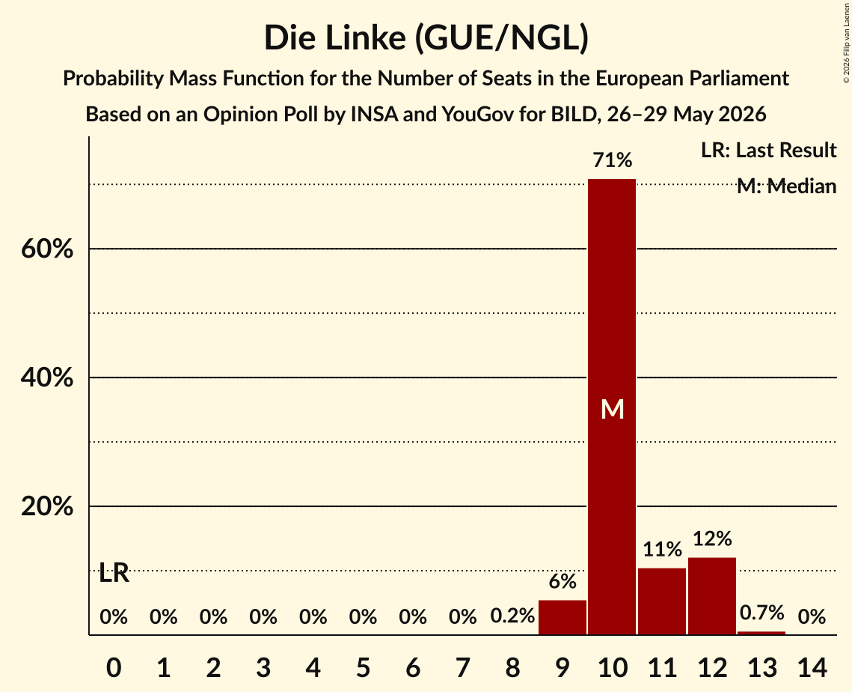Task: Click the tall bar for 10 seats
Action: (612, 407)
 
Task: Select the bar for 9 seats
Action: (563, 617)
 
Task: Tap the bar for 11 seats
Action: (662, 601)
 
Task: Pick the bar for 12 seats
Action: (712, 595)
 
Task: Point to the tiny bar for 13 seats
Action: (761, 633)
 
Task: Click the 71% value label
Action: (613, 160)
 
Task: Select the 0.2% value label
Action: (512, 616)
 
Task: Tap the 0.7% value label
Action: (761, 613)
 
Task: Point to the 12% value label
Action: (712, 538)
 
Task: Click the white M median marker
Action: (613, 409)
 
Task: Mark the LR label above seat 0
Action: (114, 573)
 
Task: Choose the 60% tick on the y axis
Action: (47, 249)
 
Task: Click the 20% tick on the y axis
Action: (47, 506)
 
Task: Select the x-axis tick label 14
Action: (812, 667)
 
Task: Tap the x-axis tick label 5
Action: (363, 667)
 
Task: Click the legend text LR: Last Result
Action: (768, 150)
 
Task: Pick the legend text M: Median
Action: (786, 186)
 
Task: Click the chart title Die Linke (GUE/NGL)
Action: (426, 38)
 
